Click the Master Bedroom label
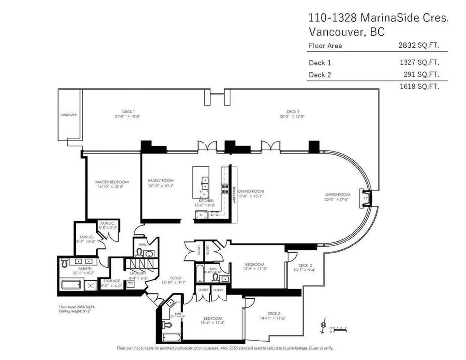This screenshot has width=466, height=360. [x=112, y=182]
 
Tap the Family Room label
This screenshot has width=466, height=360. [x=160, y=181]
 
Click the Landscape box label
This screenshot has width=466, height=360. [x=68, y=115]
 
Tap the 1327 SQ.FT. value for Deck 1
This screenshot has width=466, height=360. [x=420, y=62]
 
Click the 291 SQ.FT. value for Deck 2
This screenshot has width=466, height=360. [x=422, y=74]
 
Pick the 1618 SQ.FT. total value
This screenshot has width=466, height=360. [x=420, y=87]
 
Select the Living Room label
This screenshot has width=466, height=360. [x=337, y=195]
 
